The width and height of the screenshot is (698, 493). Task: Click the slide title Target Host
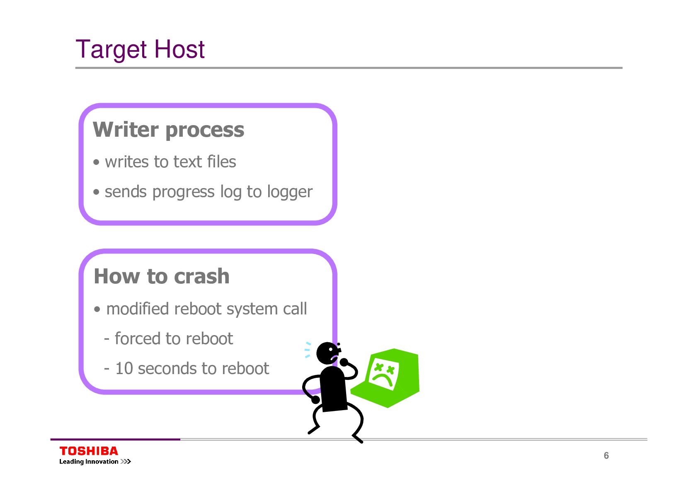click(140, 49)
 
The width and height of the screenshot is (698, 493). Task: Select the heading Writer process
click(168, 130)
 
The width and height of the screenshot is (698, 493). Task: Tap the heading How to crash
click(162, 276)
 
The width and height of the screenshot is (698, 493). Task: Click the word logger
click(289, 192)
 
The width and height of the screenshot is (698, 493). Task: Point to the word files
click(222, 162)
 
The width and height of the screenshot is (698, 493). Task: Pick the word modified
click(138, 309)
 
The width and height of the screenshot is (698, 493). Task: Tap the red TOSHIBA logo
click(89, 451)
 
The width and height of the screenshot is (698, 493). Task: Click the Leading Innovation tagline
click(89, 462)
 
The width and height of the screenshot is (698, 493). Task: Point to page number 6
click(606, 456)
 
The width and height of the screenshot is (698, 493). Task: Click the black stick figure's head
click(327, 353)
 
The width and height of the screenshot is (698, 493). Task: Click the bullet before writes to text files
click(97, 162)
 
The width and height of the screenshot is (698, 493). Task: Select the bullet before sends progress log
click(97, 192)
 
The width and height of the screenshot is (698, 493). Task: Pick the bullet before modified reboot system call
click(97, 309)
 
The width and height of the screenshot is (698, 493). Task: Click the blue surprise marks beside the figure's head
click(308, 350)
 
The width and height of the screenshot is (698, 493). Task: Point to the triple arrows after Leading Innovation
click(126, 462)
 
